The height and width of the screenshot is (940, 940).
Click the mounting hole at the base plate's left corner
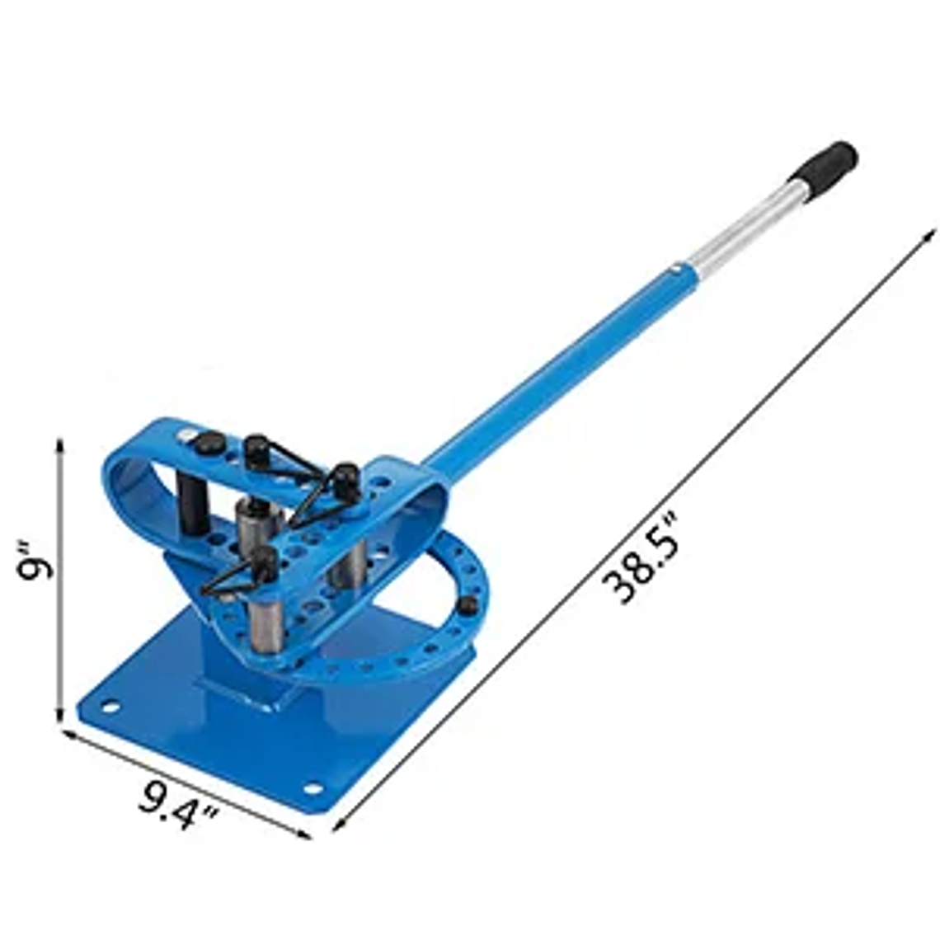[108, 706]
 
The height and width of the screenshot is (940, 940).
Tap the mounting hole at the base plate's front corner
[313, 788]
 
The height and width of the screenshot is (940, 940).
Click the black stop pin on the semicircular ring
[467, 606]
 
